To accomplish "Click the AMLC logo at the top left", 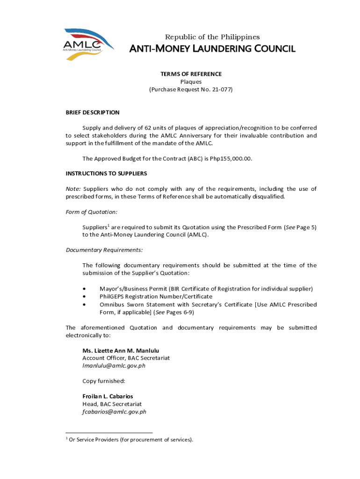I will point(88,44).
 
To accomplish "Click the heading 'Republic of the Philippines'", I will point(213,37).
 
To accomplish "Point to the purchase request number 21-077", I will point(222,89).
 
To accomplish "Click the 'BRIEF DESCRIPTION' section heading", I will point(93,112).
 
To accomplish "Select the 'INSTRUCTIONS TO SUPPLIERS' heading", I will point(106,174).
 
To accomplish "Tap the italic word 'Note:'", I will point(73,189).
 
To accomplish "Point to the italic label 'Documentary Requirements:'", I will point(104,250).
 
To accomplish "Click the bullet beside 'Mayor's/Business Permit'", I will point(84,289).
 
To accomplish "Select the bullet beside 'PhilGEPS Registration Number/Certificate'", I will point(84,297).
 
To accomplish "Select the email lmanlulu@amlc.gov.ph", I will point(114,366).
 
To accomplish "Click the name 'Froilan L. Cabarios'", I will point(108,396).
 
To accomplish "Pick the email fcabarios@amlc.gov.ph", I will point(114,412).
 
